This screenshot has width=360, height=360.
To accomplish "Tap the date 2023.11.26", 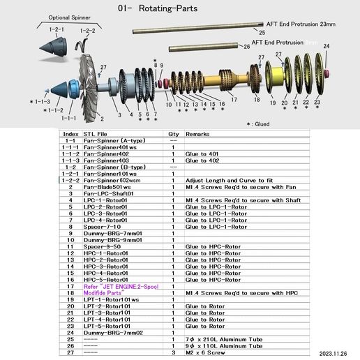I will coord(338,354).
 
